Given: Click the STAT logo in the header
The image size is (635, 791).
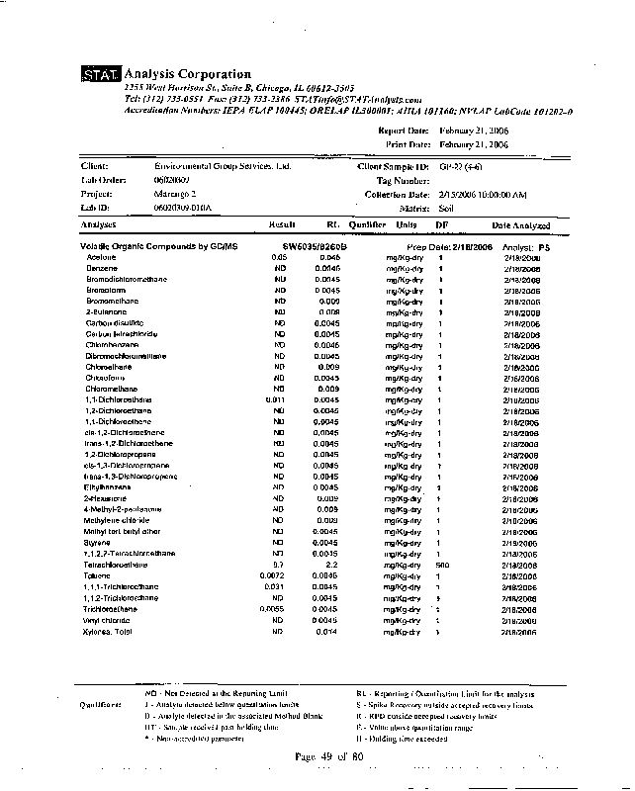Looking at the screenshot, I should click(x=100, y=75).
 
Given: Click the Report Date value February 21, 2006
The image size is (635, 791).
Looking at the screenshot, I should click(x=473, y=131).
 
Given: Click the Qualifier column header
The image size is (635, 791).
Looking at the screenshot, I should click(x=367, y=225).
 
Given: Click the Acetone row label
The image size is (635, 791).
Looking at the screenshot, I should click(x=102, y=257).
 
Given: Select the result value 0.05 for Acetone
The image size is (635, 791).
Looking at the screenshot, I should click(x=279, y=257).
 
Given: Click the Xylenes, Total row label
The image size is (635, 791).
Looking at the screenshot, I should click(x=108, y=631).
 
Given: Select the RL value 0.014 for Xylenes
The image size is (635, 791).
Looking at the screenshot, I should click(x=326, y=631).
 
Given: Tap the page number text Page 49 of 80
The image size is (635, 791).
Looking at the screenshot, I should click(x=329, y=755).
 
